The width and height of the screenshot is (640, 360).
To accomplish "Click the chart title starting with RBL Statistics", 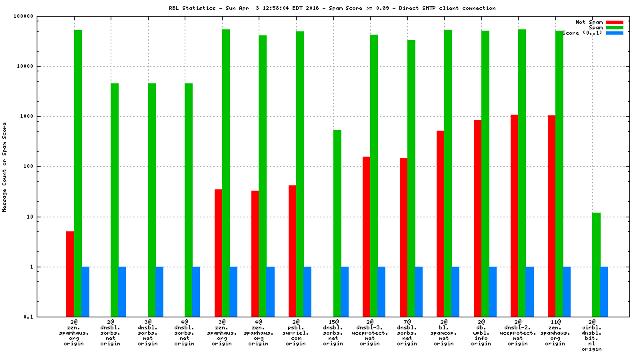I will point(333,8).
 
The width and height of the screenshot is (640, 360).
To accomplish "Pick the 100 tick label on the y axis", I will point(45,167).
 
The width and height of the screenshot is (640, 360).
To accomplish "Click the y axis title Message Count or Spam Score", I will point(5,167).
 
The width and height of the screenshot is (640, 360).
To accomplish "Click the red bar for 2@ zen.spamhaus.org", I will point(70,274).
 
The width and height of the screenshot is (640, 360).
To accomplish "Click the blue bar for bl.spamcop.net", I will point(455,292).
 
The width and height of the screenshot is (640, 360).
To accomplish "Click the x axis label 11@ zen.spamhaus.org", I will point(555,333).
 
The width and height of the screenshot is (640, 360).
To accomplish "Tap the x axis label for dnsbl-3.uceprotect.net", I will point(370,333).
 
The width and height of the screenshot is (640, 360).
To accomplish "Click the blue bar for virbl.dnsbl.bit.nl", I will point(603,292).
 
